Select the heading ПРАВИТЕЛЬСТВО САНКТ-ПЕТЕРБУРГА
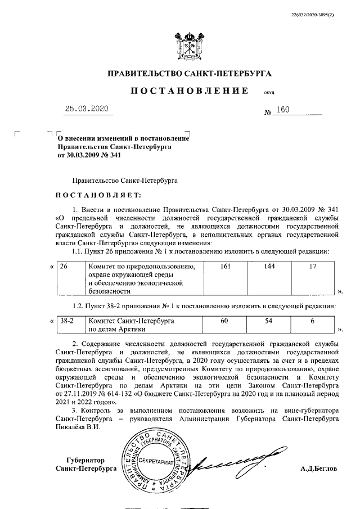point(189,74)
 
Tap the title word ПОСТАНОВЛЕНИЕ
point(189,91)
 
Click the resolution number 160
point(282,110)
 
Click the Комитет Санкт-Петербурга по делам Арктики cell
point(143,324)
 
